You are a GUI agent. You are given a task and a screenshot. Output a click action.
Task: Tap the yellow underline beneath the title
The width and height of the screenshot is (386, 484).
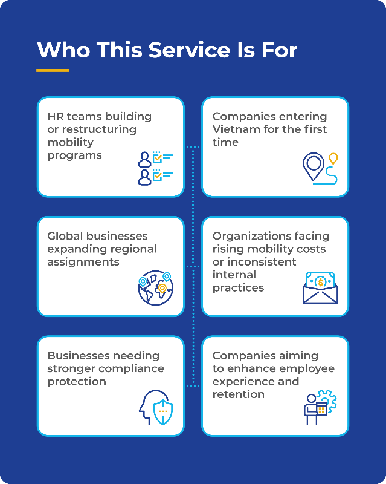(53, 71)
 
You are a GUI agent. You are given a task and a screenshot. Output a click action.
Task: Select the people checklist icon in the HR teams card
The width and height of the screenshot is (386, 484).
(155, 168)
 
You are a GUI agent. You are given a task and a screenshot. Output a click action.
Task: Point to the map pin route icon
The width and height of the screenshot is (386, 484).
(320, 168)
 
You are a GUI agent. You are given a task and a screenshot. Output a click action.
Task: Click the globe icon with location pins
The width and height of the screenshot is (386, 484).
(155, 287)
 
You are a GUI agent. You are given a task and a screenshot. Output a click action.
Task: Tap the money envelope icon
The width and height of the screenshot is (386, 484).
(320, 287)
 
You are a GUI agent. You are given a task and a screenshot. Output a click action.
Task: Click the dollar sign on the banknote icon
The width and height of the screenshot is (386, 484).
(320, 281)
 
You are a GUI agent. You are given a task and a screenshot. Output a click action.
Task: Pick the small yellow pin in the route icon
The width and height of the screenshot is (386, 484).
(332, 159)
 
